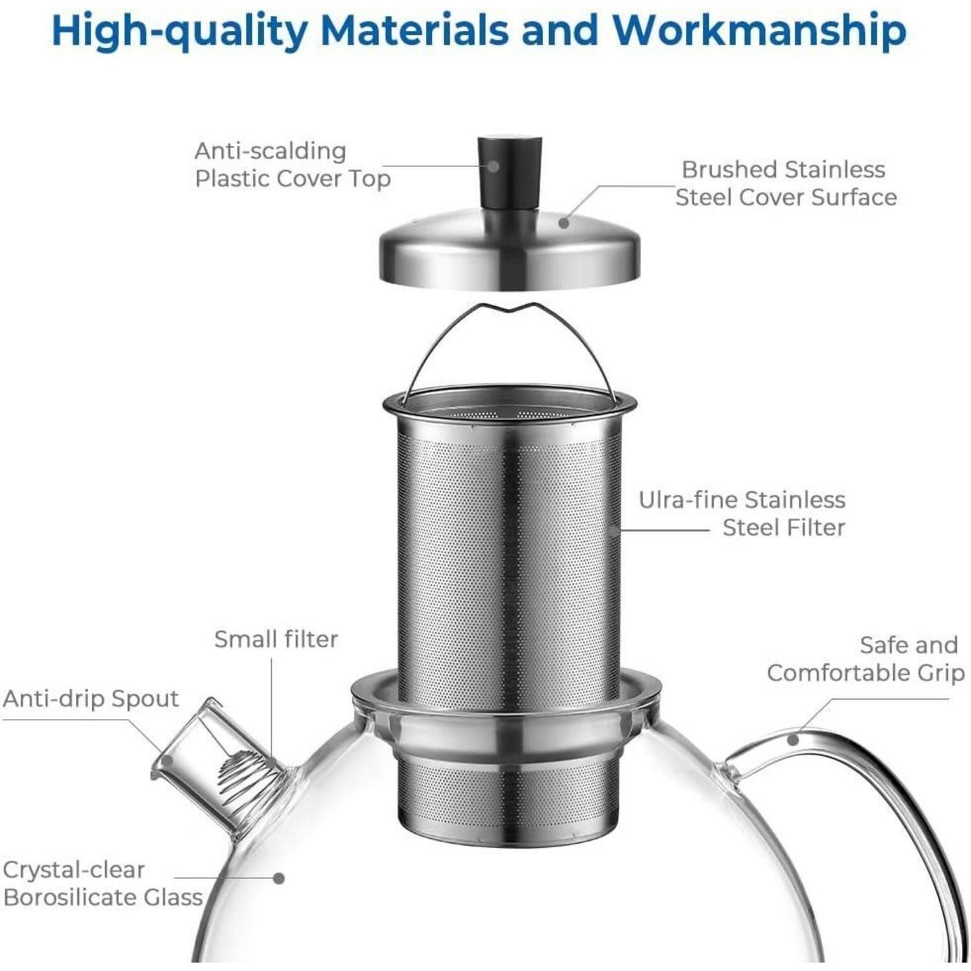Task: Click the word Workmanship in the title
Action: point(759,30)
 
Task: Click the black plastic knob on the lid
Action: point(509,172)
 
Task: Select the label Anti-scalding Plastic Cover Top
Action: point(293,164)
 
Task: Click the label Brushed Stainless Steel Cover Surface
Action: point(786,183)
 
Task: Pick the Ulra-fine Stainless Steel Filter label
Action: point(742,513)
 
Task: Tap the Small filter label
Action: point(276,640)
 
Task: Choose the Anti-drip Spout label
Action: point(91,700)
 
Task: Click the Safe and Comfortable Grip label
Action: point(865,659)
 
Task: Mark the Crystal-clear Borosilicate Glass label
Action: point(102,884)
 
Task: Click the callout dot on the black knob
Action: point(493,166)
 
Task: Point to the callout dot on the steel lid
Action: point(564,223)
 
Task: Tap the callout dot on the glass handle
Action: point(793,739)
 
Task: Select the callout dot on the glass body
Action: point(278,878)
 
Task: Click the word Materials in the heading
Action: point(415,30)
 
